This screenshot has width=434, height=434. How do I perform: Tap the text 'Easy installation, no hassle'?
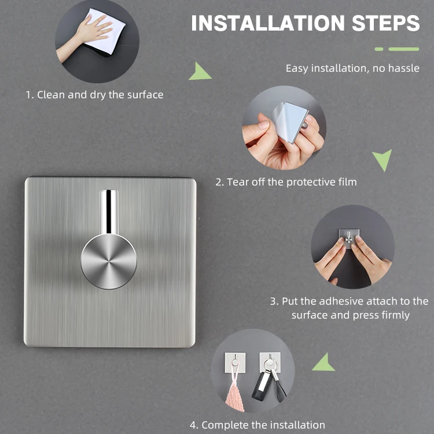352,68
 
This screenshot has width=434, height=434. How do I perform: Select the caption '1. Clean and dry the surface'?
94,94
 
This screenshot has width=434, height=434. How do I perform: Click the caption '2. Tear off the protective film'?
286,182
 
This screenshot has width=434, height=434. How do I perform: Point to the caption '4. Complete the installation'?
263,425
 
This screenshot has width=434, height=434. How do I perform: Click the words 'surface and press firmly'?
350,315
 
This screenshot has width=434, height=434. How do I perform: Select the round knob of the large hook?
109,262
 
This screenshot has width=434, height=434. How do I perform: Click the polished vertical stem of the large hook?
109,211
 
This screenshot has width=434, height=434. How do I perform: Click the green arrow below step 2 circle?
382,159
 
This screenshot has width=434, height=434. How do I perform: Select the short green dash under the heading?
379,49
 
